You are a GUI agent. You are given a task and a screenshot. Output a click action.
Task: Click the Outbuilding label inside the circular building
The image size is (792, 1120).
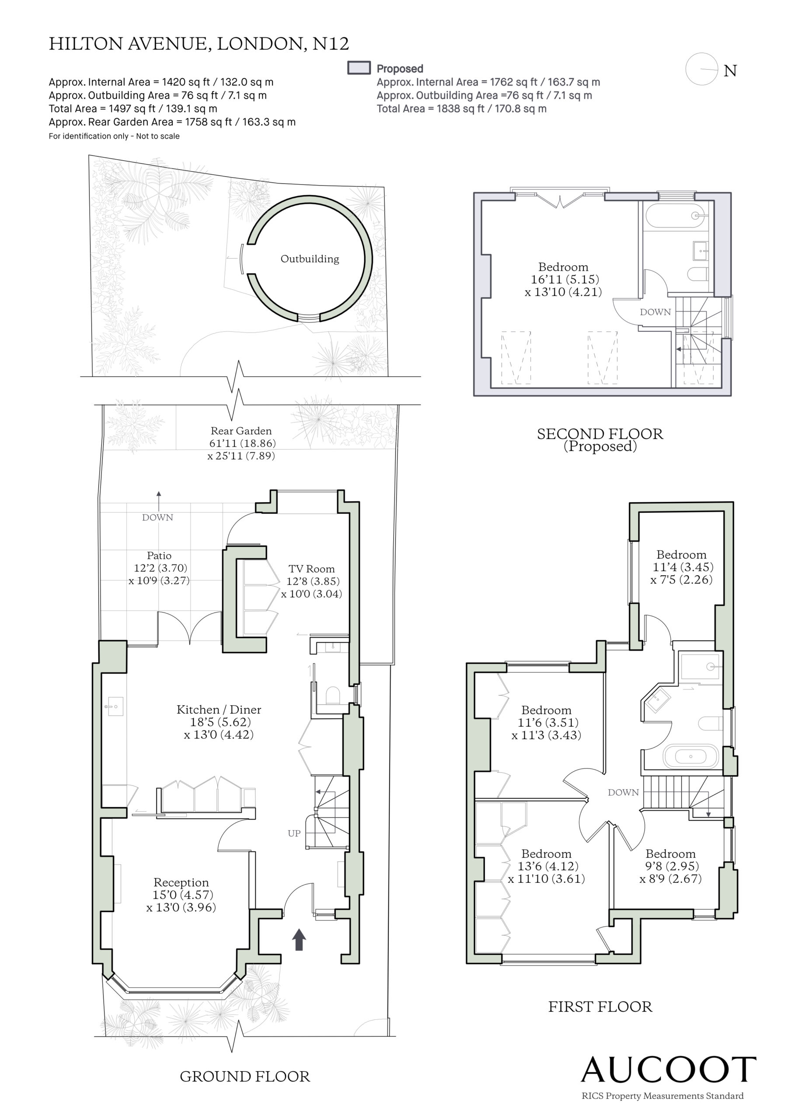(x=310, y=259)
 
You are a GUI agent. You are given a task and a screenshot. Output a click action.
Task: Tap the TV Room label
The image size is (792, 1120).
(x=312, y=569)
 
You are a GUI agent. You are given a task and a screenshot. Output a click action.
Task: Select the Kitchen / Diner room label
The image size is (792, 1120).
(x=219, y=710)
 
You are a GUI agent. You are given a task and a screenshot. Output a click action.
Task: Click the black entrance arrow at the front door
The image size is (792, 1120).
(x=299, y=939)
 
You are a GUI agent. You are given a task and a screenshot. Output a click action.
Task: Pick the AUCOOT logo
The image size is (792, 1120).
(x=669, y=1070)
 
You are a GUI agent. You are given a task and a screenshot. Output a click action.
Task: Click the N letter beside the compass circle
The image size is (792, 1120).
(x=730, y=71)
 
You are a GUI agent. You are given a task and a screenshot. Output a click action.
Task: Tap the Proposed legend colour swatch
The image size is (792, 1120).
(x=359, y=68)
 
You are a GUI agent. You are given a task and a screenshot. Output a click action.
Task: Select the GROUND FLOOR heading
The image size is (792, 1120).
(x=245, y=1077)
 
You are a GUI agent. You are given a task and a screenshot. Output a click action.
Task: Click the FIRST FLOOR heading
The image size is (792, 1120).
(x=600, y=1007)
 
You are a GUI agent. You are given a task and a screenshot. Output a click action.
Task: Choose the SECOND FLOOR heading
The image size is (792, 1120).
(x=600, y=434)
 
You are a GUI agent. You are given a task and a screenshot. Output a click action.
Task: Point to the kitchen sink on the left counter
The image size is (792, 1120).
(x=115, y=706)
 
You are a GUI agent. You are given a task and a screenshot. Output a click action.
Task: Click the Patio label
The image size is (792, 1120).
(x=159, y=556)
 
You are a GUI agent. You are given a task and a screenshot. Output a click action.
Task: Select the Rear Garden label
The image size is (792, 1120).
(x=241, y=431)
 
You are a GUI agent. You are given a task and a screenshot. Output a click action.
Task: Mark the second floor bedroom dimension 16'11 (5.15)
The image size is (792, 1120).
(x=565, y=280)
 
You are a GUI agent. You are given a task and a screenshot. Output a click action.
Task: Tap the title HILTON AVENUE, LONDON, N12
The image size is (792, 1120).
(x=199, y=44)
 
